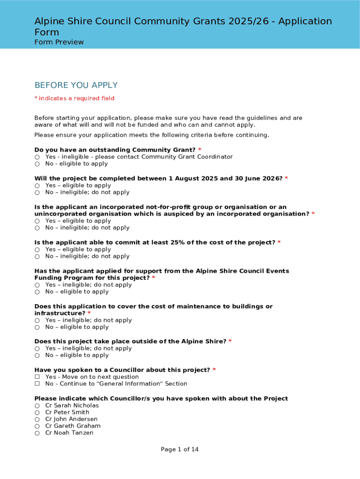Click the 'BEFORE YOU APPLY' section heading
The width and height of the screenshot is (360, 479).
click(76, 85)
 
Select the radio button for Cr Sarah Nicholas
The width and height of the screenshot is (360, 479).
click(37, 406)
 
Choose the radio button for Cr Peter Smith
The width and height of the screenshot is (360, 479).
click(37, 413)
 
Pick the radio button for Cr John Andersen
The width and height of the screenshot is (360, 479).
click(37, 420)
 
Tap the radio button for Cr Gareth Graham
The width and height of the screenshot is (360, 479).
click(37, 426)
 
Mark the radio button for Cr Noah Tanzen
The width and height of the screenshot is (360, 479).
click(37, 433)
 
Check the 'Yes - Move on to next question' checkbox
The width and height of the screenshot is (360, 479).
click(37, 377)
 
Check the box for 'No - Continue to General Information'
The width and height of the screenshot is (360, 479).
click(37, 384)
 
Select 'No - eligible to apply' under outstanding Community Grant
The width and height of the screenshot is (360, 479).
click(37, 164)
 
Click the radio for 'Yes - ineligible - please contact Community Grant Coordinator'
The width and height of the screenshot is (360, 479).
click(37, 157)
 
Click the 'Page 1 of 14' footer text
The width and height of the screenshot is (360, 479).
click(180, 450)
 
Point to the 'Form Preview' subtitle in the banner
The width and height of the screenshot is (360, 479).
click(59, 42)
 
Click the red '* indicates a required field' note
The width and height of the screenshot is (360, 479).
click(74, 98)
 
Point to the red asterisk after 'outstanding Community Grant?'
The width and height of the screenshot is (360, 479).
click(200, 150)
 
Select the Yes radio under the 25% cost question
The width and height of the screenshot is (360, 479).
click(37, 249)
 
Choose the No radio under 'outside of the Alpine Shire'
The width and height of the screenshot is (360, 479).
click(37, 356)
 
